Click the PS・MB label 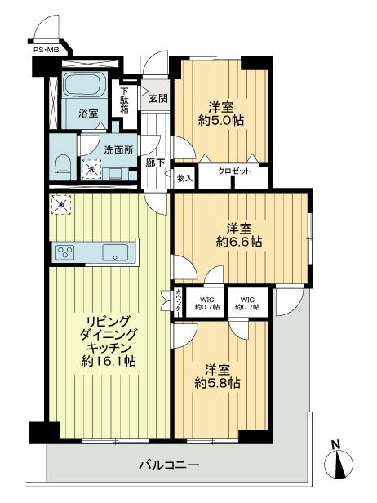point(46,51)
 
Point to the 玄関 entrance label point(157,99)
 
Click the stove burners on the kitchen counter point(65,252)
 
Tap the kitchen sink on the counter point(114,253)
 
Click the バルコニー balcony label point(175,465)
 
